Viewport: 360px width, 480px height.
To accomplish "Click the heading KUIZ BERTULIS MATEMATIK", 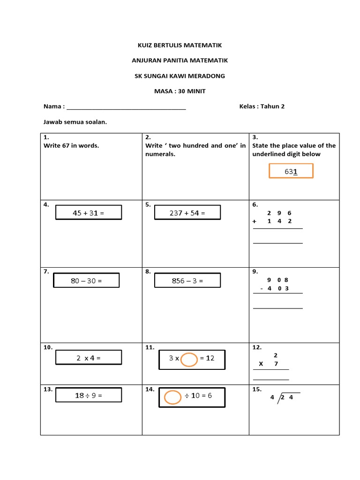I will click(180, 45).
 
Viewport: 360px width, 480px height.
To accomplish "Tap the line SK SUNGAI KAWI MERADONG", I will click(180, 76).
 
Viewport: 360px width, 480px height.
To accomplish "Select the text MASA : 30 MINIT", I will click(180, 91).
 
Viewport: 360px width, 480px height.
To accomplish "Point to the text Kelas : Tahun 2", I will click(262, 106).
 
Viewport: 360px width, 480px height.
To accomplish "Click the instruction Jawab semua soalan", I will click(75, 122).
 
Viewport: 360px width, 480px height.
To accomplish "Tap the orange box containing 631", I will click(291, 171).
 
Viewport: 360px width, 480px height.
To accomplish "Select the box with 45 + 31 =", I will click(89, 213).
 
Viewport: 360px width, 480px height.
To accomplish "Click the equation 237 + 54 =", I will click(187, 213).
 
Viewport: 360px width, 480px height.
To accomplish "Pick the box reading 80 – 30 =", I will click(86, 281).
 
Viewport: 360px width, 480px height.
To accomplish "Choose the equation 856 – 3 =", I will click(187, 281).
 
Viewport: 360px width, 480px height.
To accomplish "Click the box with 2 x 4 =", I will click(89, 358).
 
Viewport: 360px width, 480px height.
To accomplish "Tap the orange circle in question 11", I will click(189, 360).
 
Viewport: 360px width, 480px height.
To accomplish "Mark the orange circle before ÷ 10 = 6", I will click(172, 397).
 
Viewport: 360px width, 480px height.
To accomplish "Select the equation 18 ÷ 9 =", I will click(89, 395).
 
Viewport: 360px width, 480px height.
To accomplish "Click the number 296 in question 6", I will click(279, 213).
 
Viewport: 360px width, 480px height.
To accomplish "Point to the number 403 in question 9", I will click(278, 288).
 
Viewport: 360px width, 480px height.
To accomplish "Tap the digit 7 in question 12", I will click(276, 364).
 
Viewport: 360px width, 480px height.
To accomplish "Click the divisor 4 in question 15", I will click(272, 398).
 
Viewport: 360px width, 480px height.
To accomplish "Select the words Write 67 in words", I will click(71, 145).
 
